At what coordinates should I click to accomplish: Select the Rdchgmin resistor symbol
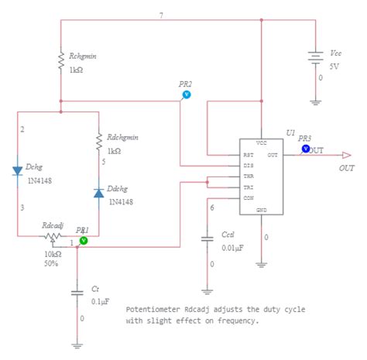pyautogui.click(x=98, y=142)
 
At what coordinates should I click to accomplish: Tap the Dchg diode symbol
pyautogui.click(x=17, y=170)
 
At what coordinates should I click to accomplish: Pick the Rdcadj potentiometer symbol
pyautogui.click(x=53, y=235)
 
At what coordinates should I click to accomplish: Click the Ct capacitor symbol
pyautogui.click(x=77, y=293)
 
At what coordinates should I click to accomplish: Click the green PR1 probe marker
pyautogui.click(x=84, y=241)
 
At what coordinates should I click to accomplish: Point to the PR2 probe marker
pyautogui.click(x=185, y=94)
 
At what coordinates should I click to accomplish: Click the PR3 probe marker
pyautogui.click(x=305, y=148)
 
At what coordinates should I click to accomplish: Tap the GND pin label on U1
pyautogui.click(x=262, y=210)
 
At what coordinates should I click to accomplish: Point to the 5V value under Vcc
pyautogui.click(x=334, y=66)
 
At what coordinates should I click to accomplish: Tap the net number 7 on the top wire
pyautogui.click(x=161, y=15)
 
